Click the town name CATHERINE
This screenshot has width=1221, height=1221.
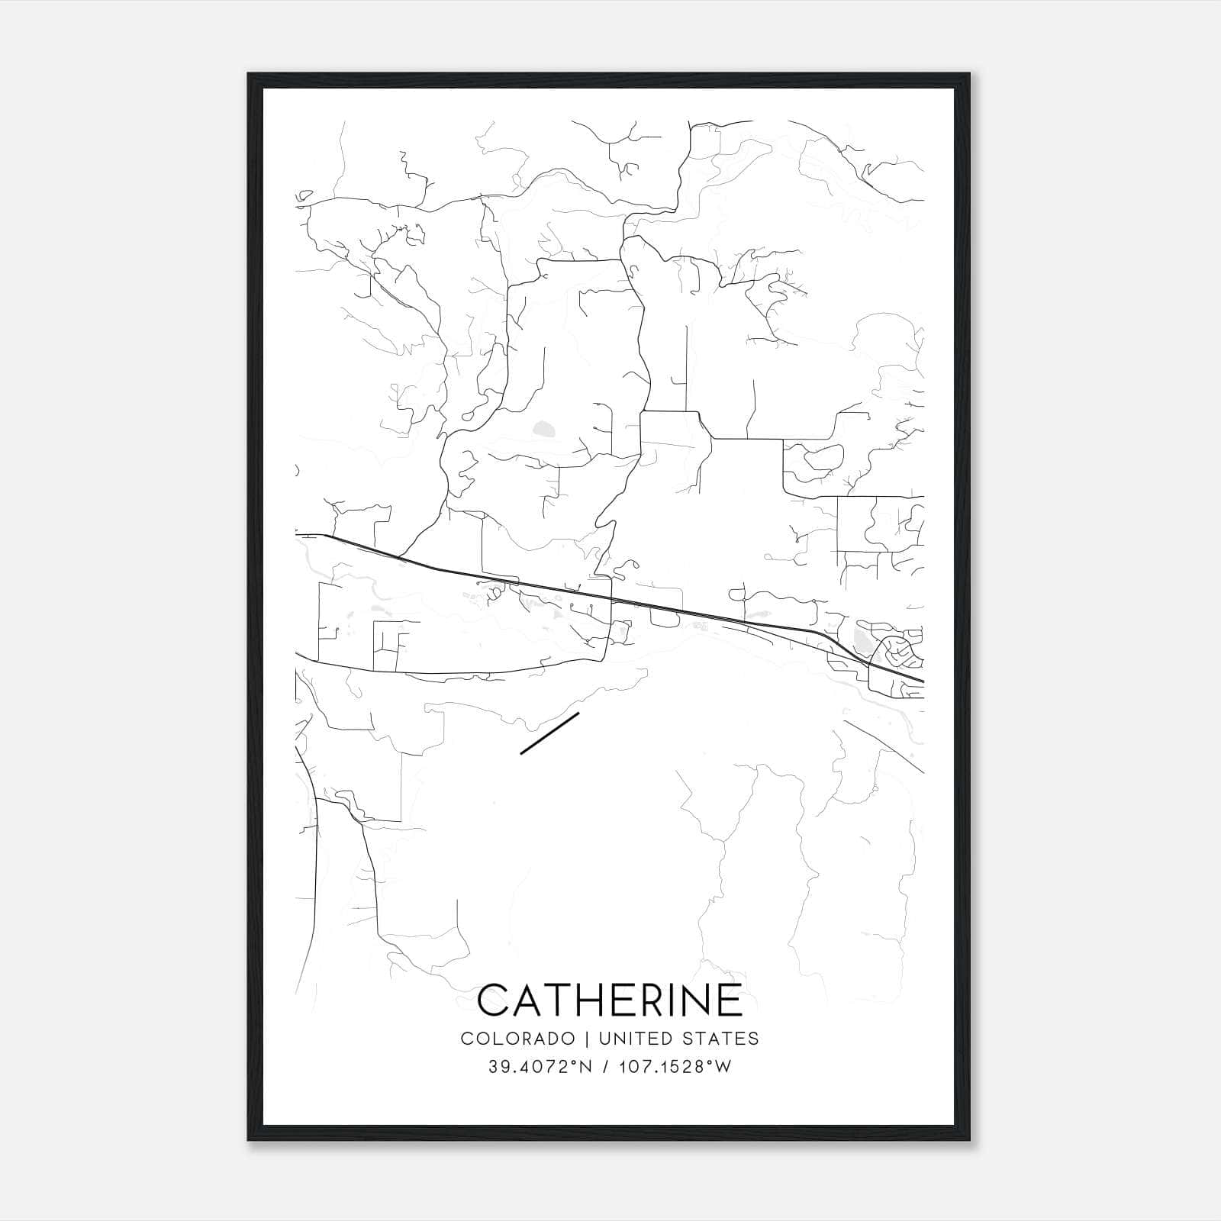610,1000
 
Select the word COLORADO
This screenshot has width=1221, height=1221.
517,1039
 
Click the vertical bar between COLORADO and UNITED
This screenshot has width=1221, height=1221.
587,1039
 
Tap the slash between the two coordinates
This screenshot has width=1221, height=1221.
604,1067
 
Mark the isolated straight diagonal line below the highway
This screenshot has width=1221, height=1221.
549,733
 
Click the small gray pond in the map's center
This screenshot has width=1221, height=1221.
544,429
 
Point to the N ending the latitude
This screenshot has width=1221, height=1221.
586,1067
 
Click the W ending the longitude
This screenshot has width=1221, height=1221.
723,1067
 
